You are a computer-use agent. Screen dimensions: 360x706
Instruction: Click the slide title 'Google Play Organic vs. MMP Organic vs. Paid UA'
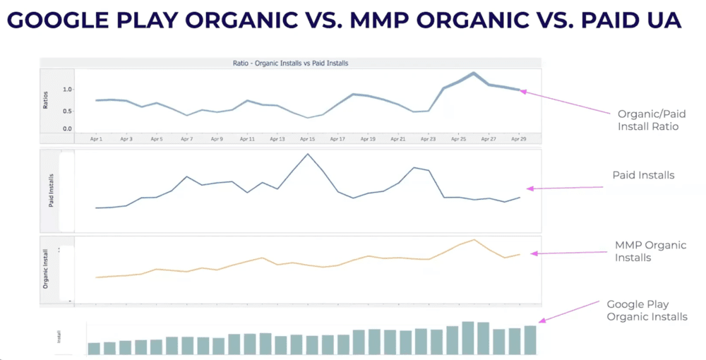click(344, 20)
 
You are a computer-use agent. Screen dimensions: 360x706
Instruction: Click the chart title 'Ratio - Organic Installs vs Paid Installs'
click(290, 64)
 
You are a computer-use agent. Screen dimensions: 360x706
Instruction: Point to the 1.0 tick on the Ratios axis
click(67, 90)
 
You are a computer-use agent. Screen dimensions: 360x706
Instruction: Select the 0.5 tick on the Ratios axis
click(67, 111)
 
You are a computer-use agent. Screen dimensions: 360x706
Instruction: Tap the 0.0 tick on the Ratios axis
click(67, 129)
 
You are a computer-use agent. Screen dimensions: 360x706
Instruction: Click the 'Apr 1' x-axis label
click(96, 140)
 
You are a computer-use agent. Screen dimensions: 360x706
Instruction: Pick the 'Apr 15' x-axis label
click(307, 140)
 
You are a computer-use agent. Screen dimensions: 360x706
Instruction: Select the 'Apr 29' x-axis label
click(519, 140)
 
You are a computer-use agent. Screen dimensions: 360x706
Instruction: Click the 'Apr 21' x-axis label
click(398, 140)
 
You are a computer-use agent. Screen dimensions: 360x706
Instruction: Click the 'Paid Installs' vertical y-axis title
click(51, 190)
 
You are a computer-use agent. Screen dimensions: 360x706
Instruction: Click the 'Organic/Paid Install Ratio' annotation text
click(651, 119)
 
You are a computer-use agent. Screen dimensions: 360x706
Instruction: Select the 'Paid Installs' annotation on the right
click(642, 175)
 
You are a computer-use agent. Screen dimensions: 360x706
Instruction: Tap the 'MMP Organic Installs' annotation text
click(650, 251)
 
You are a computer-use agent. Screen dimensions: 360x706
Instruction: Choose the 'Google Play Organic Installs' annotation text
click(647, 311)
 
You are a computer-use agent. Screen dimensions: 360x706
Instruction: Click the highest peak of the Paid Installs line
click(307, 154)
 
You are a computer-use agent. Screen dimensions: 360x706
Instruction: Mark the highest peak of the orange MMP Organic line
click(475, 239)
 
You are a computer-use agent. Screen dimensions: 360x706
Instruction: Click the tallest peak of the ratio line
click(474, 73)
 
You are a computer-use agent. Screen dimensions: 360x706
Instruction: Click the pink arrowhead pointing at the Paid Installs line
click(529, 188)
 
